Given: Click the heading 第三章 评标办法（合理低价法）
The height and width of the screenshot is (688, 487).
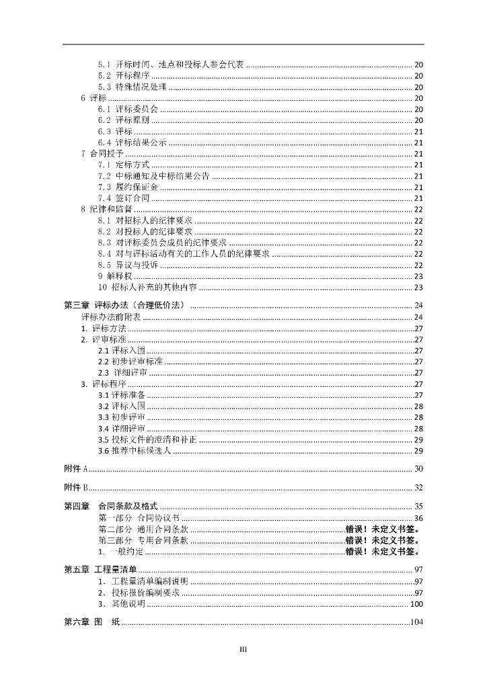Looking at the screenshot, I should pyautogui.click(x=126, y=305).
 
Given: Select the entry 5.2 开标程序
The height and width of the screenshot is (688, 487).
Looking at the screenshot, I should pyautogui.click(x=123, y=76).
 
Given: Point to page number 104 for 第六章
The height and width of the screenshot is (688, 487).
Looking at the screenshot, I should pyautogui.click(x=416, y=622).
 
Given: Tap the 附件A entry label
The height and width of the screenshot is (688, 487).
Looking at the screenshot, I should pyautogui.click(x=76, y=468).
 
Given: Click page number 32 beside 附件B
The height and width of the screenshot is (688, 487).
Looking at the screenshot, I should pyautogui.click(x=418, y=487).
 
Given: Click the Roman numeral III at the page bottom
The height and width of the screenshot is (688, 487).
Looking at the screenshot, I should pyautogui.click(x=244, y=649).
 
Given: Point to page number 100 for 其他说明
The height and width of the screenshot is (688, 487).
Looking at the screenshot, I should pyautogui.click(x=416, y=603).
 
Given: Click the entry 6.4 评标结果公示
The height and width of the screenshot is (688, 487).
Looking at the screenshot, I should pyautogui.click(x=132, y=142).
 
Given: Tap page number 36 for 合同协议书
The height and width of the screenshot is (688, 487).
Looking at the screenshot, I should pyautogui.click(x=418, y=517).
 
